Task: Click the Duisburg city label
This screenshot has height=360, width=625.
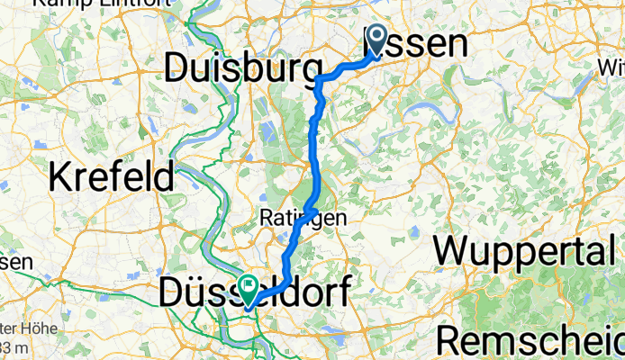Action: pyautogui.click(x=243, y=68)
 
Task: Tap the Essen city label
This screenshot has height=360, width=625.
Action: pyautogui.click(x=423, y=44)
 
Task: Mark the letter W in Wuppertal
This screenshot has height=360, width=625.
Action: pyautogui.click(x=454, y=251)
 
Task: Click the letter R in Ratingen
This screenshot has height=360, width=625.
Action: pyautogui.click(x=267, y=219)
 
